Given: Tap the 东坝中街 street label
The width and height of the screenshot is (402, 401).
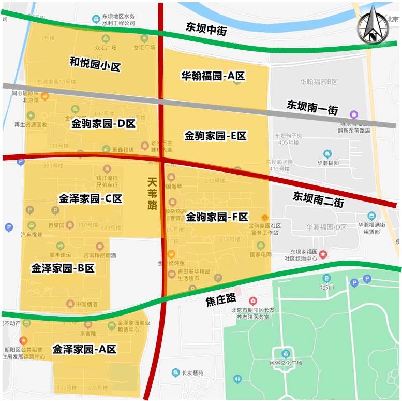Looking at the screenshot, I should (x=206, y=28).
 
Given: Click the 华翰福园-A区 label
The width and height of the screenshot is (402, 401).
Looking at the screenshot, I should (x=213, y=76).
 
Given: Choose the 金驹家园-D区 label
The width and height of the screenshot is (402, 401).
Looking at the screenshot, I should (x=103, y=124).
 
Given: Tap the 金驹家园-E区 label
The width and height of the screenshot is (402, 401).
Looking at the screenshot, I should (x=215, y=136).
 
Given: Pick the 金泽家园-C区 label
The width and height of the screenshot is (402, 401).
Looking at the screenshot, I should (x=91, y=198).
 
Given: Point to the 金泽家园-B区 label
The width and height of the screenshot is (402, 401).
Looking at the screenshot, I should (x=63, y=268).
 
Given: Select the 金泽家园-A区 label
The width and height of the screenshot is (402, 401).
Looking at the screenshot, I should (x=84, y=349).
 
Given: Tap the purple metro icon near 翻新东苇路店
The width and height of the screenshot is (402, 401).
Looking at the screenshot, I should (x=354, y=114).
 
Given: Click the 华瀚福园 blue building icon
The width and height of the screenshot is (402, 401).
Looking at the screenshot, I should (x=327, y=153).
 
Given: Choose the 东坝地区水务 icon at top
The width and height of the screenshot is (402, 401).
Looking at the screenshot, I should (x=96, y=19).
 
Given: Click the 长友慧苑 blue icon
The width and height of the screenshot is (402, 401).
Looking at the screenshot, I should (x=176, y=372).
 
